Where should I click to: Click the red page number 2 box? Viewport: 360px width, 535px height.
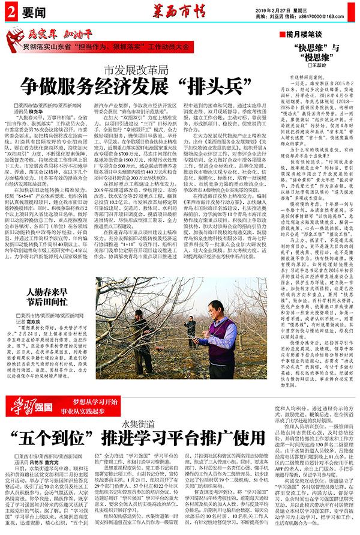point(12,10)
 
